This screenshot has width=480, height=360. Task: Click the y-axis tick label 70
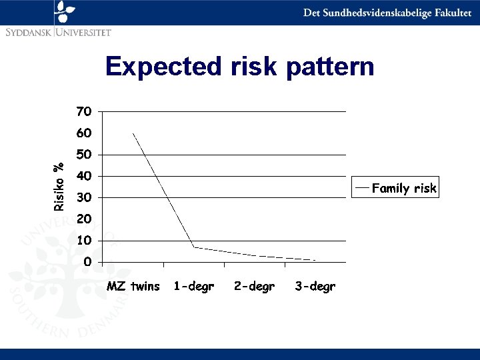(84, 111)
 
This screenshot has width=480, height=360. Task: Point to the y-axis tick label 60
(84, 133)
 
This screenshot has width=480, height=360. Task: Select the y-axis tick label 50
(84, 155)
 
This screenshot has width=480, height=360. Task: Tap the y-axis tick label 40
(84, 176)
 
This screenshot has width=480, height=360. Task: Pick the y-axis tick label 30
(84, 198)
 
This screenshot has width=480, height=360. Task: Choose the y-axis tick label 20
(84, 219)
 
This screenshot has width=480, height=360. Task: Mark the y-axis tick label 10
(84, 241)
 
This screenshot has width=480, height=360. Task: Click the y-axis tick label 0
(87, 262)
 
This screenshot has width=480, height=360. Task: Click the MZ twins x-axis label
(133, 287)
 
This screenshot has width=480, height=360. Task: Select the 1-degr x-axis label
(193, 287)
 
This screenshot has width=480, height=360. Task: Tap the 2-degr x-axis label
(254, 287)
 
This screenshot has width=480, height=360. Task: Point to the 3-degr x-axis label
(315, 287)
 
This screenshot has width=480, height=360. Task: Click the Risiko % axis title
(59, 187)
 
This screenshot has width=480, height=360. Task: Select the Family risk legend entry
(403, 189)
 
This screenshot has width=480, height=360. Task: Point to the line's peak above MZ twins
(133, 133)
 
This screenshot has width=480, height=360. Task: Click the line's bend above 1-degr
(194, 247)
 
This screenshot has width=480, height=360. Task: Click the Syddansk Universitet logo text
(58, 31)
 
